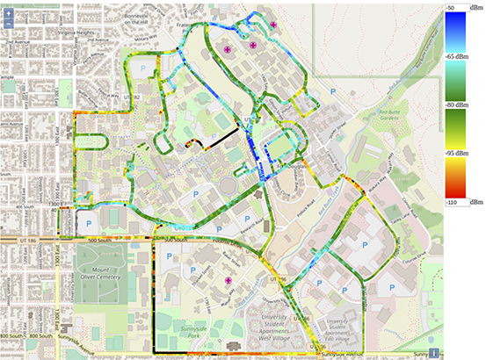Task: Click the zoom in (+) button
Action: tap(8, 15)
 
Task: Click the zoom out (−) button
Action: tap(8, 26)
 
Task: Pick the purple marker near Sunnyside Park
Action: tap(228, 281)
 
